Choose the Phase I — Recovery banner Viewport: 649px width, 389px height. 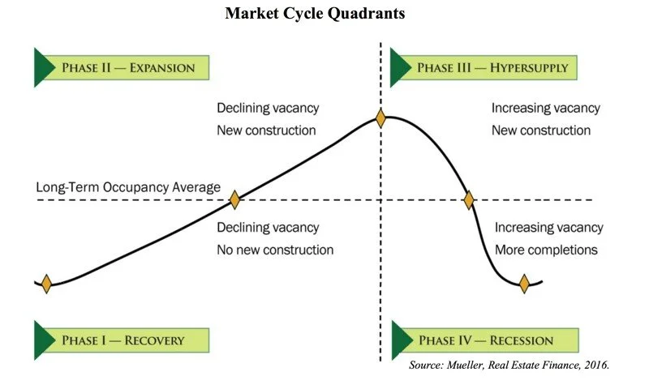pyautogui.click(x=122, y=340)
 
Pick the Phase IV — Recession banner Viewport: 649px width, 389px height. pyautogui.click(x=485, y=340)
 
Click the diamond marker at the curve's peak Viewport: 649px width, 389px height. pyautogui.click(x=380, y=118)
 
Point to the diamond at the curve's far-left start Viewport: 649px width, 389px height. pyautogui.click(x=46, y=284)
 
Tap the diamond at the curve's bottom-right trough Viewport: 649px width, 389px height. pyautogui.click(x=524, y=284)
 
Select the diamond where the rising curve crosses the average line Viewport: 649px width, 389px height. pyautogui.click(x=234, y=199)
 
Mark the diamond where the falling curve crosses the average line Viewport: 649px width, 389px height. pyautogui.click(x=468, y=199)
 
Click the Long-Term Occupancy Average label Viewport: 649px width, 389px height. pyautogui.click(x=128, y=188)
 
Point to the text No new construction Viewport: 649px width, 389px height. pyautogui.click(x=275, y=250)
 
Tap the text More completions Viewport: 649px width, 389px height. pyautogui.click(x=546, y=250)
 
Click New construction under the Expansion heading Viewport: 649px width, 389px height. pyautogui.click(x=266, y=130)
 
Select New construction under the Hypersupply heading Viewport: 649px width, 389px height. pyautogui.click(x=541, y=130)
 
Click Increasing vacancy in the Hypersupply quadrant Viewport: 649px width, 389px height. pyautogui.click(x=546, y=109)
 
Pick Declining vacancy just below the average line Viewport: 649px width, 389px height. pyautogui.click(x=268, y=228)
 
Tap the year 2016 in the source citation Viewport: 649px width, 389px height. pyautogui.click(x=594, y=365)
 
